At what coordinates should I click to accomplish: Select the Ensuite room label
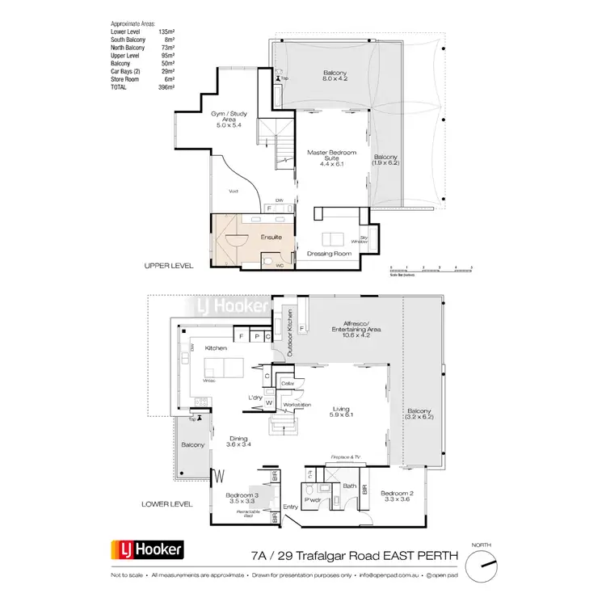click(x=271, y=238)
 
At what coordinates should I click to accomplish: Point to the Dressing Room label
click(x=329, y=254)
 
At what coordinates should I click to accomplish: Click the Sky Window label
click(x=360, y=240)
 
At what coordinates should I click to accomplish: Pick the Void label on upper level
click(x=233, y=191)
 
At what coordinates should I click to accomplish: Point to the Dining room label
click(x=239, y=440)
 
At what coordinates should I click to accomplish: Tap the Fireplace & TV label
click(x=347, y=457)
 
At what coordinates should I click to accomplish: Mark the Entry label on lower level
click(x=291, y=507)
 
